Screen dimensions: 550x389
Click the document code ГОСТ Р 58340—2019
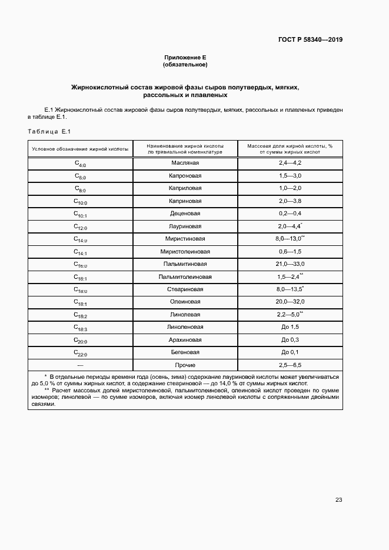tap(310, 40)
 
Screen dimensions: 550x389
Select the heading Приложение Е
tap(185, 58)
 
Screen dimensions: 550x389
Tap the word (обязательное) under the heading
tap(185, 65)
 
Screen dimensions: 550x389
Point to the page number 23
tap(338, 500)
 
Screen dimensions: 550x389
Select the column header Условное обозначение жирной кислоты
tap(80, 149)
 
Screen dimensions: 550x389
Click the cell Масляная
tap(185, 162)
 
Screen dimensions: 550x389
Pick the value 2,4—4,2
tap(290, 162)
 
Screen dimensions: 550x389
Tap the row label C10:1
tap(80, 214)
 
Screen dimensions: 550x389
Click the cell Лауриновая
tap(185, 226)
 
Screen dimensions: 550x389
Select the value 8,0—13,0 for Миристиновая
tap(289, 239)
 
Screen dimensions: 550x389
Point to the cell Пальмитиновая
tap(185, 264)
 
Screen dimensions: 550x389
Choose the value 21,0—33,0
tap(290, 264)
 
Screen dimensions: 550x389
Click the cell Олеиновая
tap(185, 302)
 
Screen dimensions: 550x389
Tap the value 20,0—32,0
tap(290, 302)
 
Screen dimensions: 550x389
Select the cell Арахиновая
tap(185, 340)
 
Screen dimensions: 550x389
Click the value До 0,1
tap(290, 352)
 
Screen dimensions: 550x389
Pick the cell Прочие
tap(185, 365)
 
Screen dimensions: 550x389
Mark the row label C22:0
tap(80, 353)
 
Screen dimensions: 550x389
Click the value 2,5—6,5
tap(290, 365)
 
